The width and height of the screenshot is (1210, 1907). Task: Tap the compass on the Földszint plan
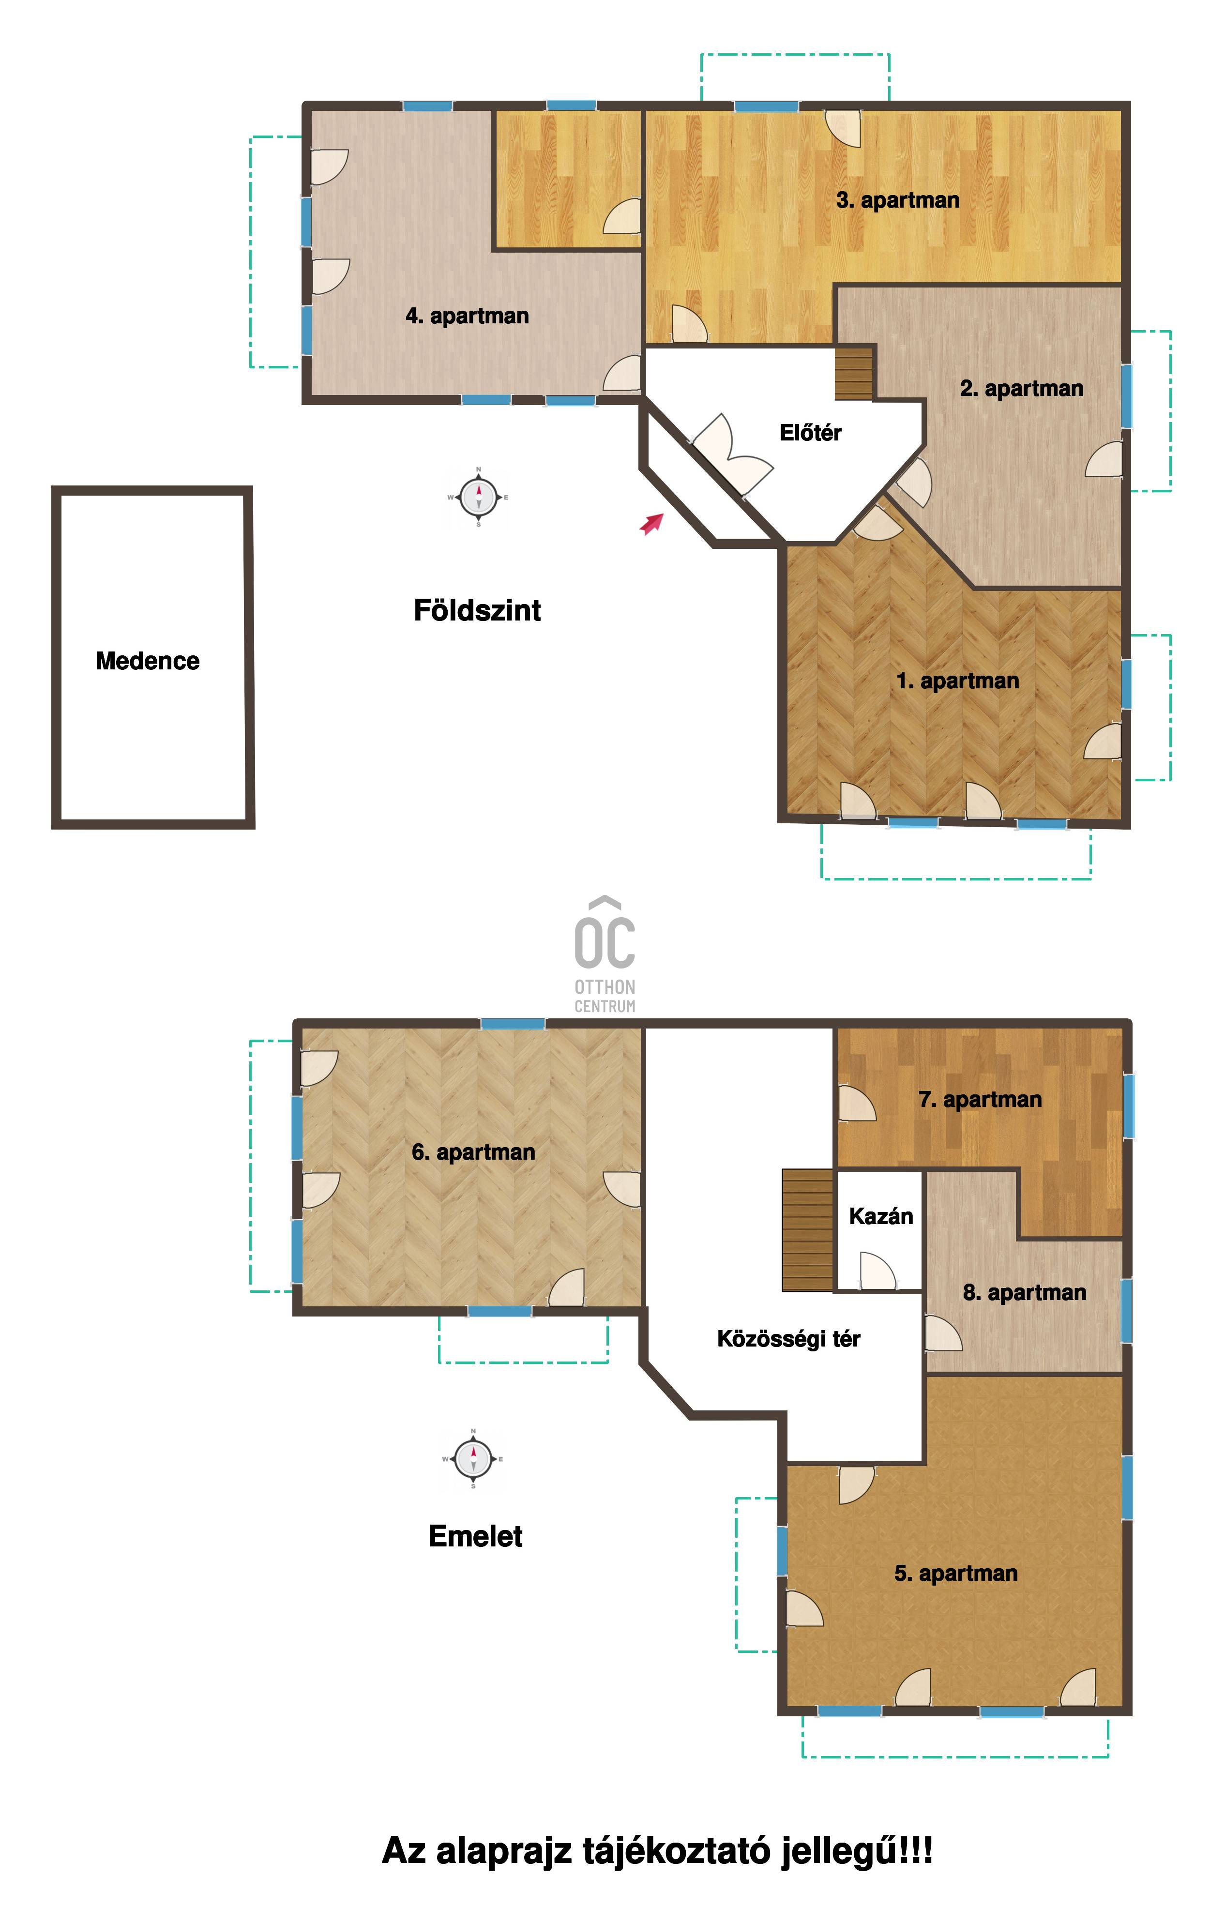click(478, 498)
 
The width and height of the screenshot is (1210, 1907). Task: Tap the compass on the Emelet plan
click(473, 1459)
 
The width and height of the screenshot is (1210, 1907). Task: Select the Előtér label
click(810, 432)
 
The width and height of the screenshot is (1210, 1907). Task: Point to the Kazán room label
click(880, 1216)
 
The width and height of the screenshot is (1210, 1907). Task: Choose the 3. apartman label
click(898, 200)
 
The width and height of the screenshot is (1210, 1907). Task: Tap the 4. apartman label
click(467, 316)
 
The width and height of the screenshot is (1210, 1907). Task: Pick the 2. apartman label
click(1022, 389)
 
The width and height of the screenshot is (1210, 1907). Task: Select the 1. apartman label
click(957, 681)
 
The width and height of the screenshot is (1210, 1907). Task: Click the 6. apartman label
click(473, 1152)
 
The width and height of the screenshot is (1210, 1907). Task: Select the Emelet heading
click(475, 1536)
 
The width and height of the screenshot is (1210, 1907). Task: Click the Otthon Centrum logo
click(605, 954)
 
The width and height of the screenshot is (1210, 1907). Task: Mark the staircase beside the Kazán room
click(808, 1230)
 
